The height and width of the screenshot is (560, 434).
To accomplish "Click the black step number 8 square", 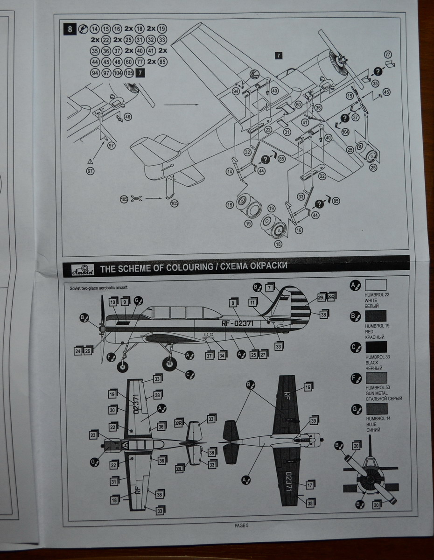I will [70, 29].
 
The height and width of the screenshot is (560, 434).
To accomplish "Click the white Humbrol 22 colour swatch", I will [376, 285].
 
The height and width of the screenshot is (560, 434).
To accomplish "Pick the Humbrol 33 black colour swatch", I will [376, 347].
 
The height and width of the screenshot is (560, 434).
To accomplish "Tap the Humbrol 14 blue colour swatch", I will [376, 408].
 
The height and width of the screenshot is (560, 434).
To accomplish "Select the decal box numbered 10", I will [113, 302].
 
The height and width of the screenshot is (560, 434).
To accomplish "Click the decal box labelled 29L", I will [321, 297].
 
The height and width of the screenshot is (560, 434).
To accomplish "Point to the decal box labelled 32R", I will [178, 423].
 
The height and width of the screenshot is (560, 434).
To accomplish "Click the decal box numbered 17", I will [309, 485].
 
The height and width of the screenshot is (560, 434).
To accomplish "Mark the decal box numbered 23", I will [93, 435].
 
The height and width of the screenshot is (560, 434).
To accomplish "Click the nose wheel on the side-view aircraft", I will [123, 366].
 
